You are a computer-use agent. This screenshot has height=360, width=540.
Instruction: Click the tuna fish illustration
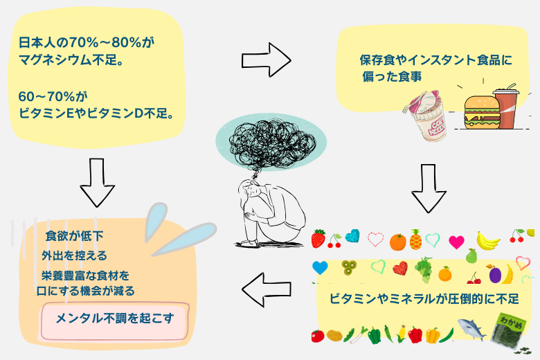pyautogui.click(x=474, y=332)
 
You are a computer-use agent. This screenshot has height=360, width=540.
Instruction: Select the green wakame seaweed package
pyautogui.click(x=512, y=330)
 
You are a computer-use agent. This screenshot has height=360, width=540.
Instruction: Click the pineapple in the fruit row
pyautogui.click(x=415, y=240)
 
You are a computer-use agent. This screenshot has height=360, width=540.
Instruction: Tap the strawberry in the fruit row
pyautogui.click(x=318, y=240)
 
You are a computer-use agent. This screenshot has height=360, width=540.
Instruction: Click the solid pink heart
pyautogui.click(x=456, y=242)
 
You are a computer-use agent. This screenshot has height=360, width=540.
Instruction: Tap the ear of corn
pyautogui.click(x=401, y=334)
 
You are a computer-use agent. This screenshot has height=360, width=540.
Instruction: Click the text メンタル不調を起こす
pyautogui.click(x=114, y=319)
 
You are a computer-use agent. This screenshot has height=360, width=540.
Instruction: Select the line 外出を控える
pyautogui.click(x=74, y=255)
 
